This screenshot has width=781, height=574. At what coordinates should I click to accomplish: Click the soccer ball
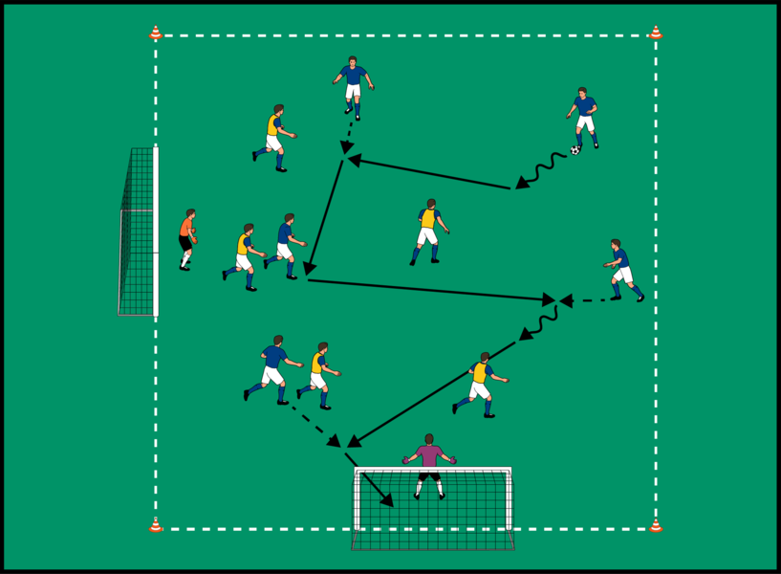point(575,150)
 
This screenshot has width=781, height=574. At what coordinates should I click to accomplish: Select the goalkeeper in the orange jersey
point(187,239)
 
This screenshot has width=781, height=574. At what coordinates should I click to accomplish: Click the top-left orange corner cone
point(156,33)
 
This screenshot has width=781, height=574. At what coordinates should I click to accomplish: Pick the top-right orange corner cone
point(656,33)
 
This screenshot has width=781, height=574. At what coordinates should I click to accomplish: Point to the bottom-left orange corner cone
point(156,525)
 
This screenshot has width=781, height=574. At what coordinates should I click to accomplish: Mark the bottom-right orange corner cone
point(656,525)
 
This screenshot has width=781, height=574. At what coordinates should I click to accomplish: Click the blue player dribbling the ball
point(583,118)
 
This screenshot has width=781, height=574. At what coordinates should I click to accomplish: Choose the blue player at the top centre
point(353,86)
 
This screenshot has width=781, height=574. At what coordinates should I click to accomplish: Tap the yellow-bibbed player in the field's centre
point(428,232)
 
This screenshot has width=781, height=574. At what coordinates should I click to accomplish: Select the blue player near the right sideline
point(622,270)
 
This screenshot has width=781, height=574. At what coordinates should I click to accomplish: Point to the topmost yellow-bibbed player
point(273,138)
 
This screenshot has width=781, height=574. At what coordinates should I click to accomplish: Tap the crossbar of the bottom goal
point(432,469)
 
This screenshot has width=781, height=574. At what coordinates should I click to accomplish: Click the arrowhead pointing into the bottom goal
point(386,499)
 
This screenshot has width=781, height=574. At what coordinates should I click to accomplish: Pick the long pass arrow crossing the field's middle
point(430,290)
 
